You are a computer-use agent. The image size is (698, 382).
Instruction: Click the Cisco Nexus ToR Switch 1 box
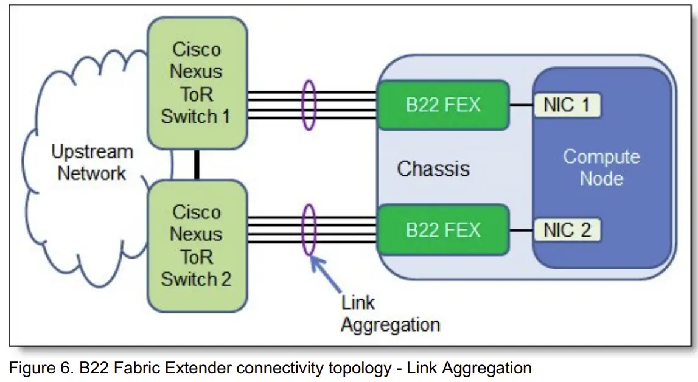click(196, 83)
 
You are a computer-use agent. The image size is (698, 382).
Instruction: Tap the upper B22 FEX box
click(443, 105)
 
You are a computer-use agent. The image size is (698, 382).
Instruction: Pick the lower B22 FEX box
click(443, 230)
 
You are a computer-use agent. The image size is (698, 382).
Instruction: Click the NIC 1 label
click(567, 105)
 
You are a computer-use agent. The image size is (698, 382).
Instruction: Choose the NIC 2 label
click(567, 230)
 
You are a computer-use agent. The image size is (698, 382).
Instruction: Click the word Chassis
click(433, 168)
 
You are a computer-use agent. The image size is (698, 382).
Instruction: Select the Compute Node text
click(601, 167)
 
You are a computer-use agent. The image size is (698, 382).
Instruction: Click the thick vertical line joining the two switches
click(197, 164)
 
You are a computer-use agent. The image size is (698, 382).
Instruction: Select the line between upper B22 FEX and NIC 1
click(522, 105)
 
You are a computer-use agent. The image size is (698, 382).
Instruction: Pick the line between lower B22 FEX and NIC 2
click(522, 231)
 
